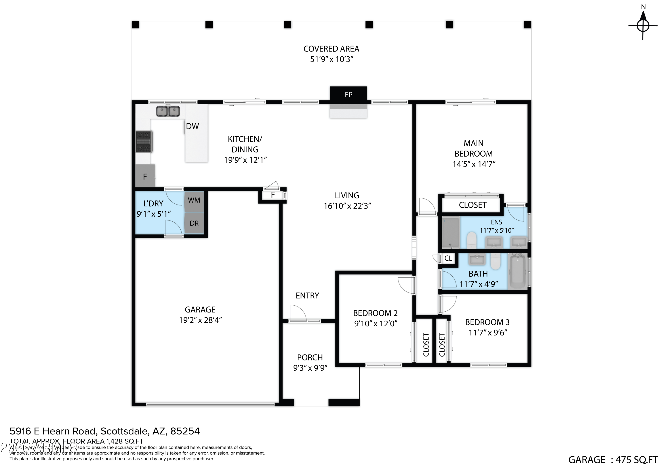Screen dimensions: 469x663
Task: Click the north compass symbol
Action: coord(643,25)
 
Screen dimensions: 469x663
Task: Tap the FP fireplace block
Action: coord(348,94)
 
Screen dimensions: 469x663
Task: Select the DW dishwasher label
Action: coord(192,126)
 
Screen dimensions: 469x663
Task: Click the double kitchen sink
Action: coord(168,111)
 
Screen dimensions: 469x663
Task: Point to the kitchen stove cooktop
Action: coord(144,142)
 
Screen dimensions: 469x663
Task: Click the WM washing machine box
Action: coord(194,200)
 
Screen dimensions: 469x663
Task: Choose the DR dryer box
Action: coord(194,223)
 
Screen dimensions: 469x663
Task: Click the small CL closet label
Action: coord(448,258)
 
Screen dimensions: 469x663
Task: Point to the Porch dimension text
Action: coord(310,368)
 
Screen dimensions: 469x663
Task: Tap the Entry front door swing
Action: coord(298,313)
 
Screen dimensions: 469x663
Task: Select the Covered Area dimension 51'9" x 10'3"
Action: coord(331,59)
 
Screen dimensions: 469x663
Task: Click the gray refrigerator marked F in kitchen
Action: coord(145,176)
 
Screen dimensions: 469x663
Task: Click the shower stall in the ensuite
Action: coord(451,233)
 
